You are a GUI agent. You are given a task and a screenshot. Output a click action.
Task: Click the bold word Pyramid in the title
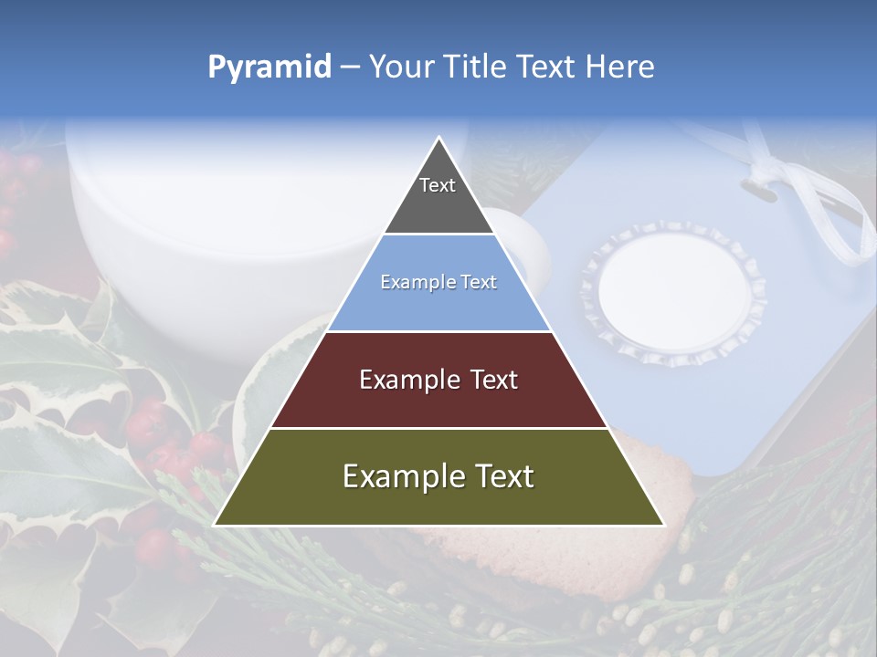coord(269,68)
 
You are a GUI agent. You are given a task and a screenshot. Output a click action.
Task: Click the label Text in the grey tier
coord(438,185)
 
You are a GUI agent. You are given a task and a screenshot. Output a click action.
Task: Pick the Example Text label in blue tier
coord(438,282)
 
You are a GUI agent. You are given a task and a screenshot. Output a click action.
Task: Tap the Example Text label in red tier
coord(438,380)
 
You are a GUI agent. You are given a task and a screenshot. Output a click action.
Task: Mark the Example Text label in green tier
coord(438,476)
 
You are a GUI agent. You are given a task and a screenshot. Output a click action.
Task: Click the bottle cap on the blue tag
coord(672,291)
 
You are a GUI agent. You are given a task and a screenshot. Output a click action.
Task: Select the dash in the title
coord(349,68)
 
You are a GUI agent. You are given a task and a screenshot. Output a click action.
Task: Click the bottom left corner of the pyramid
coord(216,525)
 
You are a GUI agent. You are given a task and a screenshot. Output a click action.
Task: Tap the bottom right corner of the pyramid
coord(662,525)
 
